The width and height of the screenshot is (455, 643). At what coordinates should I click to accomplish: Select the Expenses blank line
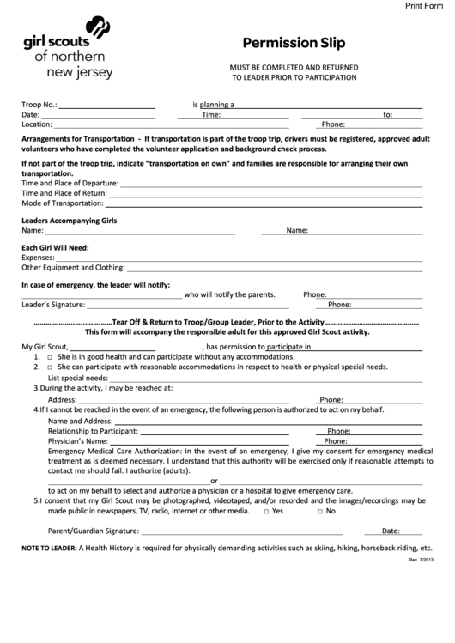tap(240, 258)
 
